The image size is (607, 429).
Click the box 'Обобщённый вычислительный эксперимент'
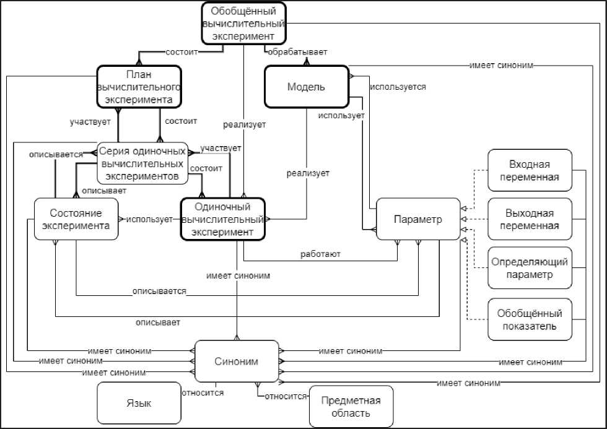(x=244, y=24)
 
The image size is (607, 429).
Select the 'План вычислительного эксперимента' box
(x=139, y=87)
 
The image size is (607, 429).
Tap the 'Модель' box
(x=306, y=87)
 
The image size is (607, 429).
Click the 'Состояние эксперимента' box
(x=76, y=220)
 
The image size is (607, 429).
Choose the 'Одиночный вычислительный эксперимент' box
(x=222, y=219)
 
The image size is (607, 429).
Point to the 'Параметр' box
(x=418, y=219)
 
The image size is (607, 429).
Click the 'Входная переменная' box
(x=530, y=171)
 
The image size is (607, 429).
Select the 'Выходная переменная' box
(x=530, y=219)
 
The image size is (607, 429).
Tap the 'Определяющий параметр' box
(x=530, y=268)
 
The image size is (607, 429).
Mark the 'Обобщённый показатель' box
(x=530, y=319)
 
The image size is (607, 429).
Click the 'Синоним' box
(x=237, y=361)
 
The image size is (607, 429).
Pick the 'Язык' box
(x=134, y=404)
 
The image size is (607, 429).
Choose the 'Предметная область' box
(x=351, y=406)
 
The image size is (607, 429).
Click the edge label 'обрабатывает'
(x=296, y=52)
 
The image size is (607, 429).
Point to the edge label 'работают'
(x=320, y=254)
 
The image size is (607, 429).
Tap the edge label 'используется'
(x=398, y=87)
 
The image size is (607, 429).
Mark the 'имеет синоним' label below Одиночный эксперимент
(x=238, y=275)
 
